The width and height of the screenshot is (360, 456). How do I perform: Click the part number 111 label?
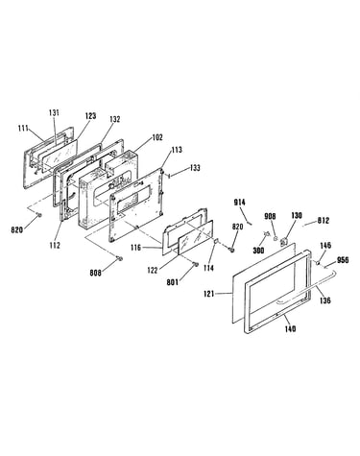pos(23,129)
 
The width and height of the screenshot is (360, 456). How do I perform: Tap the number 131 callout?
pos(54,112)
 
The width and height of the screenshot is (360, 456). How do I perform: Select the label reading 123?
pos(90,116)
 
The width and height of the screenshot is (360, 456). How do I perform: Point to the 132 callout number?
pos(114,119)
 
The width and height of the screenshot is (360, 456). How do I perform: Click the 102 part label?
pos(157,137)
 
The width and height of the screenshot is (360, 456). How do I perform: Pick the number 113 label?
pos(177,150)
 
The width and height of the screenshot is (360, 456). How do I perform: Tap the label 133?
pos(195,167)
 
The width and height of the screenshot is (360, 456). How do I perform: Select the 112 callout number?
pos(55,246)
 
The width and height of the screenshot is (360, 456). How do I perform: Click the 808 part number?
pos(95,273)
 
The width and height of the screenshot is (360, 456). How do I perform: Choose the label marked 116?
pos(135,247)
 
